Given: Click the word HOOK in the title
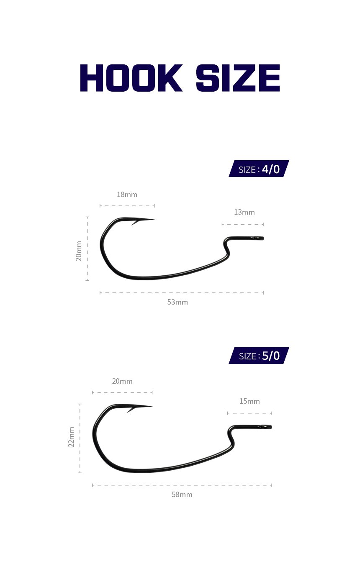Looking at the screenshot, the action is point(131,78).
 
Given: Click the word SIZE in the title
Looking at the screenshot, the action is point(238,78).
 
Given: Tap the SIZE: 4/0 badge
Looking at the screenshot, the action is point(259,169).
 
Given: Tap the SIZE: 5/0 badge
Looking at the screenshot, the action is point(259,356).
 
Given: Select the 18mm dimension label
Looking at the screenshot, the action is point(127,195).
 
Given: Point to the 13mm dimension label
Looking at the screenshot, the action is point(244,212).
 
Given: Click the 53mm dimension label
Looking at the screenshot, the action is point(177,302).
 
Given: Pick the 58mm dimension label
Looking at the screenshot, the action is point(182,495).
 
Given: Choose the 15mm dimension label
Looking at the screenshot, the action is point(249,401).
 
